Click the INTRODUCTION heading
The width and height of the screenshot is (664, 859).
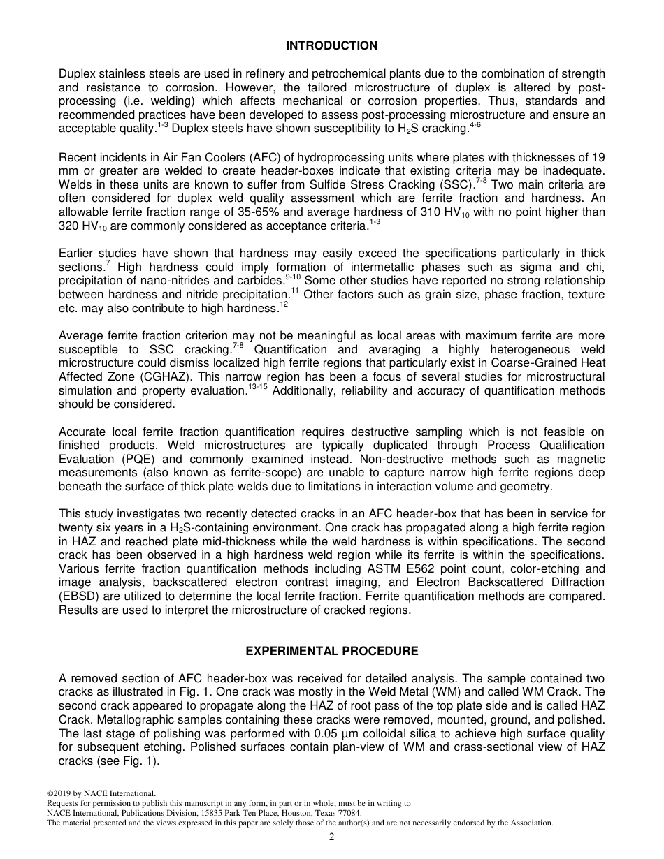pos(331,46)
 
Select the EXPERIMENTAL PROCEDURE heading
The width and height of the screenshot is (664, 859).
pos(331,651)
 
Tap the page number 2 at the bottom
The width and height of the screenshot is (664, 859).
pos(332,837)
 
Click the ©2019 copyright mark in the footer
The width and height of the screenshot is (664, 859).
pos(60,793)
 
